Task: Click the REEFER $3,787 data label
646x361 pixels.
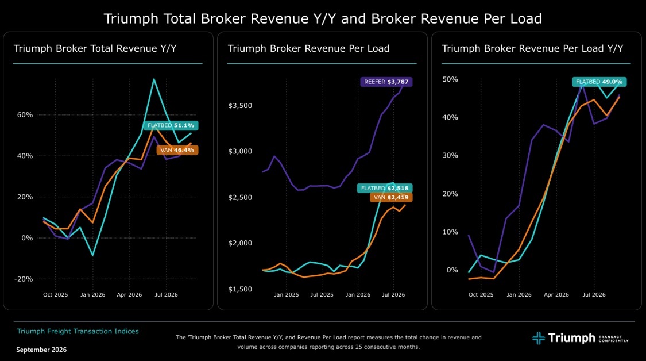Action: (x=386, y=82)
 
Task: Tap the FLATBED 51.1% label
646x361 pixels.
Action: (x=171, y=125)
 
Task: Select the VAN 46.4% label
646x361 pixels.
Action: (x=177, y=150)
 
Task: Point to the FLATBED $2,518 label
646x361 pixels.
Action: (x=385, y=188)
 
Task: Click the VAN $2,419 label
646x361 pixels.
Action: (x=391, y=197)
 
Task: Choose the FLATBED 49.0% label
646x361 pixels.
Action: (x=599, y=82)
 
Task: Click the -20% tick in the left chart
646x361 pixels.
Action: (x=24, y=279)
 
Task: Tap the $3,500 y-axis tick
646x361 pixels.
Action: (x=240, y=106)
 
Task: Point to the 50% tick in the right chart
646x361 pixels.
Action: (x=450, y=79)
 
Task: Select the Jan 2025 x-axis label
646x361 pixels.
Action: (x=287, y=294)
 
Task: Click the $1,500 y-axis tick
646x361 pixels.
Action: (x=240, y=289)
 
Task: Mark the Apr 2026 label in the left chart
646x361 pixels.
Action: (x=129, y=294)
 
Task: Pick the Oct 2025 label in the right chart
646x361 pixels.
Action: (x=481, y=294)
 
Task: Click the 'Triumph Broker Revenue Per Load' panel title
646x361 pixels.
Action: (x=308, y=48)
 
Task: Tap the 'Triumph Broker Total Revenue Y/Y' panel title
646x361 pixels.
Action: (x=95, y=48)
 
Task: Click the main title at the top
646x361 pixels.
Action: (x=323, y=18)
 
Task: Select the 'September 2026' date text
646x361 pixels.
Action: (x=41, y=350)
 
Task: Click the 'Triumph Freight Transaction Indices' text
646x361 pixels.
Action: (x=78, y=331)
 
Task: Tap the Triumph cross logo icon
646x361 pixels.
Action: (x=538, y=339)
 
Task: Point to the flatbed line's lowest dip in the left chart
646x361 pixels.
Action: (x=92, y=255)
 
